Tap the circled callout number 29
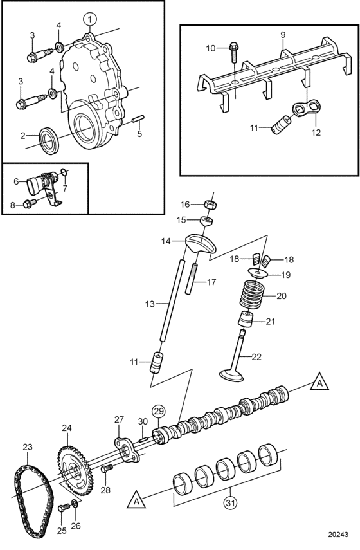click(x=158, y=411)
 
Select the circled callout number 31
click(x=230, y=502)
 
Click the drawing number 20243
click(x=338, y=534)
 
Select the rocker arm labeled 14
click(x=201, y=244)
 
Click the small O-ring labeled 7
click(x=63, y=172)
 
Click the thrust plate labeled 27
click(x=127, y=450)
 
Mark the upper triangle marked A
click(x=319, y=382)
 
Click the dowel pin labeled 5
click(x=138, y=119)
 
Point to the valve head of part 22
click(x=231, y=375)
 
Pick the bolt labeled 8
click(x=30, y=203)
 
